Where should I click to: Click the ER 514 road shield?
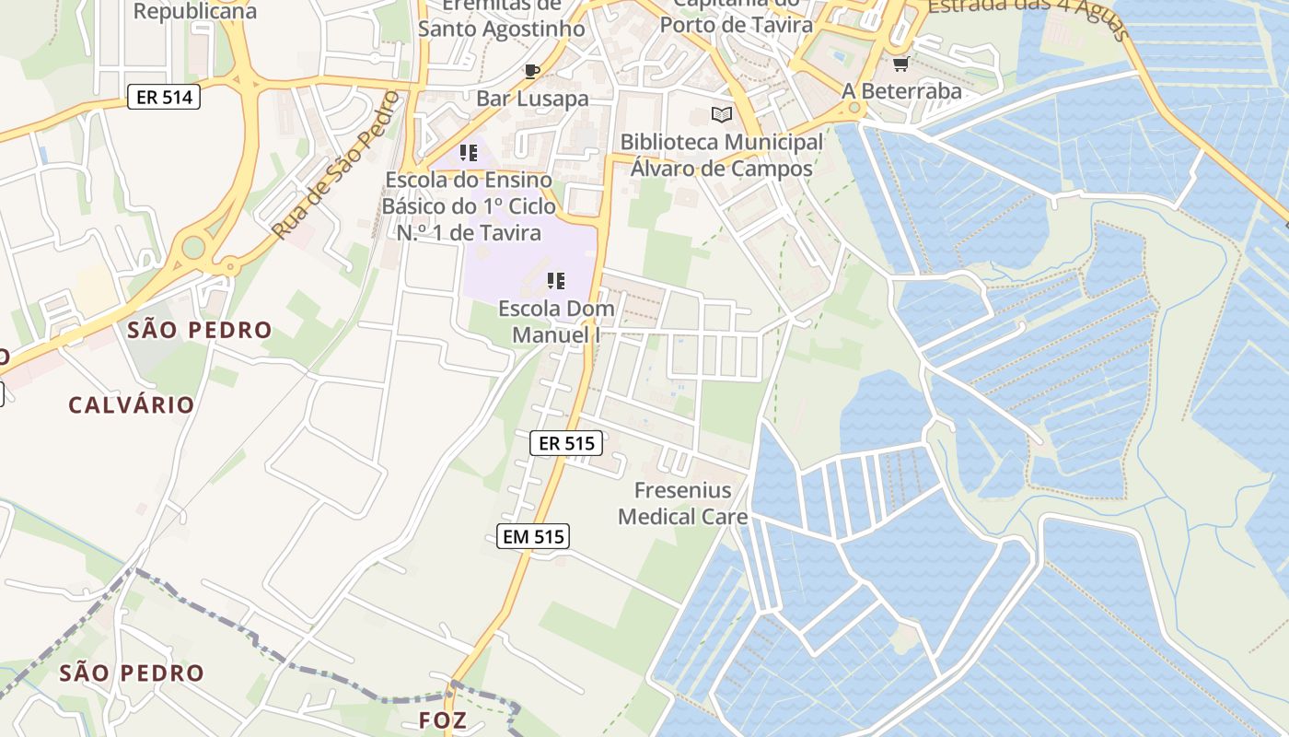[163, 96]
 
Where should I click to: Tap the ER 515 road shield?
[566, 443]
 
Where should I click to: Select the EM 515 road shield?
[533, 536]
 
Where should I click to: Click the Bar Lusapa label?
[532, 99]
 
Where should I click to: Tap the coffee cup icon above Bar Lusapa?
[531, 71]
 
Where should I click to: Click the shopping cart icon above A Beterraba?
[900, 64]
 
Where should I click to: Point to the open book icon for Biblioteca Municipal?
[722, 115]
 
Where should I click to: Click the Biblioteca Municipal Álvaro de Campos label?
[722, 155]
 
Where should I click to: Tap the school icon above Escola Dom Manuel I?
[555, 280]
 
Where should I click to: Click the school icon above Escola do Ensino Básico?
[468, 152]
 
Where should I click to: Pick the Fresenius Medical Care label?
[682, 503]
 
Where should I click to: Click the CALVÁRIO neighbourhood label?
[132, 404]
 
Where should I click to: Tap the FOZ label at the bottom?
[442, 719]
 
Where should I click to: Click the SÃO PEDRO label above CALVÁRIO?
[200, 330]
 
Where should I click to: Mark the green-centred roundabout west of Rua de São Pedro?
[193, 247]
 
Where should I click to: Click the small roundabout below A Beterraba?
[855, 109]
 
